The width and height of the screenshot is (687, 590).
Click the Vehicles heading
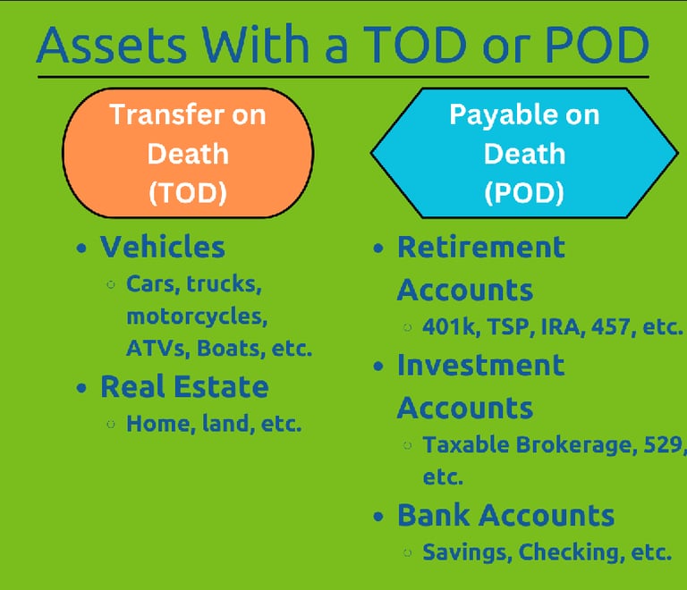pyautogui.click(x=162, y=247)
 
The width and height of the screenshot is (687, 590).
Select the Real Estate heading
pyautogui.click(x=183, y=387)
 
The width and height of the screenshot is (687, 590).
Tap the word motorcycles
pyautogui.click(x=197, y=316)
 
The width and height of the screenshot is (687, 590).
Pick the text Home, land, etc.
pyautogui.click(x=214, y=424)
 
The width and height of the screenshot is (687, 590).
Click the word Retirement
pyautogui.click(x=480, y=247)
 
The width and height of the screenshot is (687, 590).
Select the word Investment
pyautogui.click(x=480, y=365)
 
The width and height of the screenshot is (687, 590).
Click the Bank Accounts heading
pyautogui.click(x=505, y=516)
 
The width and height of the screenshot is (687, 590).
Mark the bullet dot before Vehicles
pyautogui.click(x=83, y=249)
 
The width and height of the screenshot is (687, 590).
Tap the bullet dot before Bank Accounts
pyautogui.click(x=380, y=517)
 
